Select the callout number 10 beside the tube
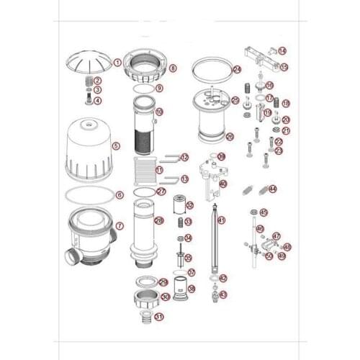159,112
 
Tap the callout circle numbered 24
237,69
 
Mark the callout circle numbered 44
272,189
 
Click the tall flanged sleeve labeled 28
143,230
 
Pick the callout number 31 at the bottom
159,316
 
